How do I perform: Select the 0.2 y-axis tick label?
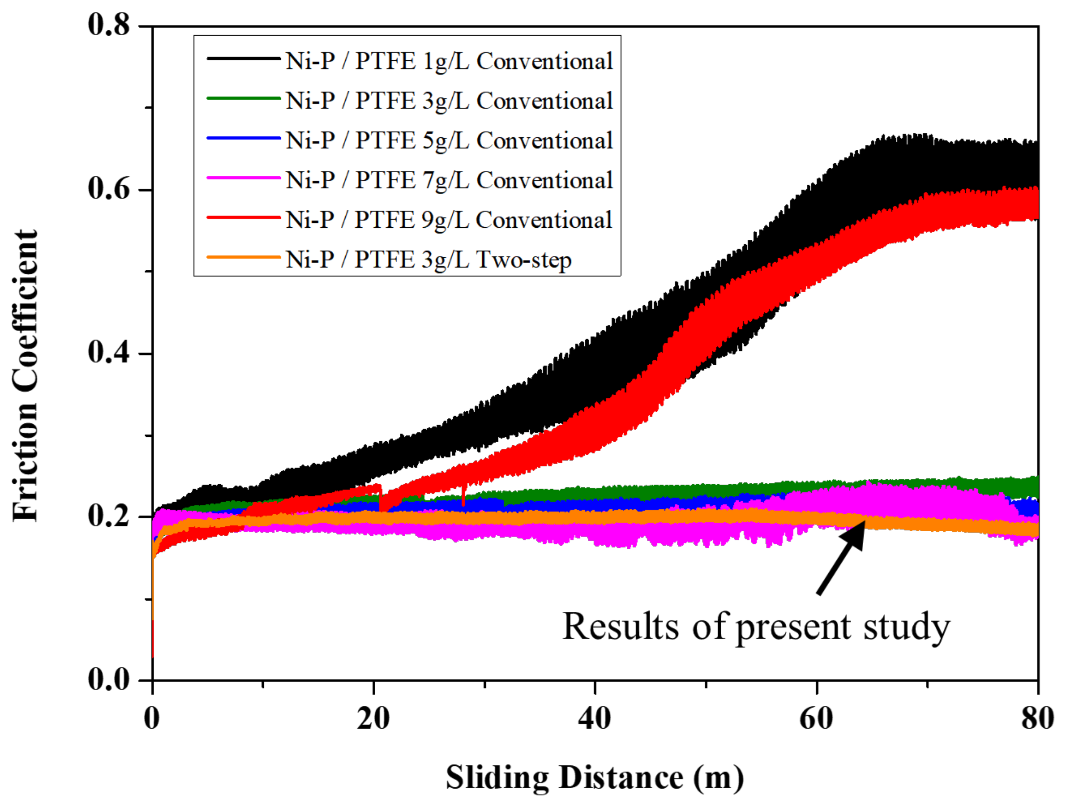click(x=109, y=516)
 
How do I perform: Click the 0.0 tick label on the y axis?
click(x=109, y=680)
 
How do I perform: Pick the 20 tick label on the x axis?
click(x=373, y=719)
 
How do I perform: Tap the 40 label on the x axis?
click(x=595, y=719)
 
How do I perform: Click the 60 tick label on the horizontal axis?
click(x=816, y=719)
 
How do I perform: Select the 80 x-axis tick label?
click(x=1037, y=719)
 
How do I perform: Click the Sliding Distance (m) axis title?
click(x=595, y=778)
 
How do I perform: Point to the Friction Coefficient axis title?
click(x=25, y=376)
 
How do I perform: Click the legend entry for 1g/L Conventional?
click(x=449, y=61)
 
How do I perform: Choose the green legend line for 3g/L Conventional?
click(x=244, y=98)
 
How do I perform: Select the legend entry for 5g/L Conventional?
click(x=449, y=140)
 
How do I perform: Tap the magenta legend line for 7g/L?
click(x=244, y=178)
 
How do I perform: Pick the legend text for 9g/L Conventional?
click(x=449, y=220)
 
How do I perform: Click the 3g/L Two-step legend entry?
click(x=428, y=260)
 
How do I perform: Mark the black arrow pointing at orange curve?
click(x=840, y=559)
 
